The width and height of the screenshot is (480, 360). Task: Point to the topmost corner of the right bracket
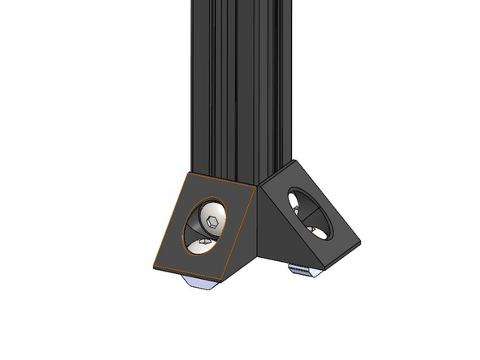tap(293, 161)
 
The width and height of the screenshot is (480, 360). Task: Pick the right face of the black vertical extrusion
tap(268, 89)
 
